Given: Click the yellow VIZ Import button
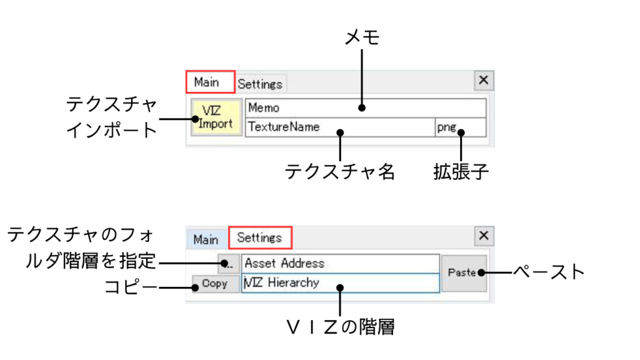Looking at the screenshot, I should click(x=216, y=117).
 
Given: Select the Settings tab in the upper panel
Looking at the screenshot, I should click(x=260, y=84).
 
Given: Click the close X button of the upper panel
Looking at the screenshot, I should click(x=483, y=81).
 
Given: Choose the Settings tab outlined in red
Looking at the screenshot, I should click(x=259, y=237).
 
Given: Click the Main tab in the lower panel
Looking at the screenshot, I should click(x=206, y=239).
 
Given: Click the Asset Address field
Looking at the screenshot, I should click(x=341, y=263).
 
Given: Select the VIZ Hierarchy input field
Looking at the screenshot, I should click(x=341, y=282).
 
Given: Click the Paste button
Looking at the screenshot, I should click(x=463, y=272).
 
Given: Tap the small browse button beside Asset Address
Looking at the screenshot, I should click(x=229, y=263).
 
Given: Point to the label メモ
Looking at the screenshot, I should click(x=362, y=37).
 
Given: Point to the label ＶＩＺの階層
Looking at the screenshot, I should click(x=340, y=326).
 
